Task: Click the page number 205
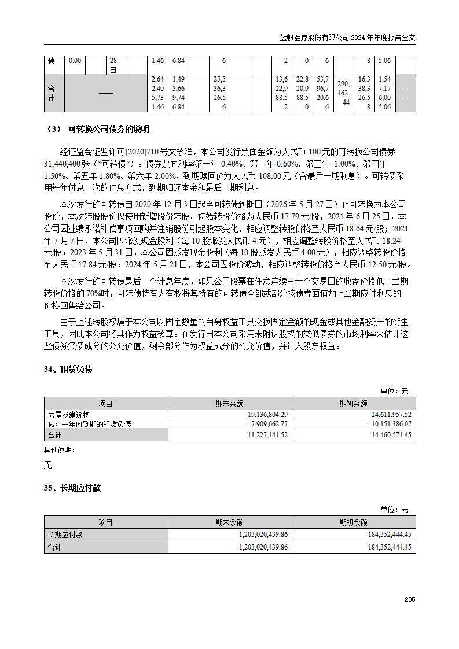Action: pyautogui.click(x=410, y=599)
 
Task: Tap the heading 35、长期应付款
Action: pyautogui.click(x=72, y=488)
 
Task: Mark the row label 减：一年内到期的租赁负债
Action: pyautogui.click(x=90, y=424)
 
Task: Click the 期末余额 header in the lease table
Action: pyautogui.click(x=229, y=404)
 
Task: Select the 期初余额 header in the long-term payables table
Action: pyautogui.click(x=353, y=522)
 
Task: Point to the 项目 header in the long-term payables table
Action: pyautogui.click(x=105, y=522)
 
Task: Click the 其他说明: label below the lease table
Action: pyautogui.click(x=59, y=450)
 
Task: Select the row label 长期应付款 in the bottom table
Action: pyautogui.click(x=65, y=535)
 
